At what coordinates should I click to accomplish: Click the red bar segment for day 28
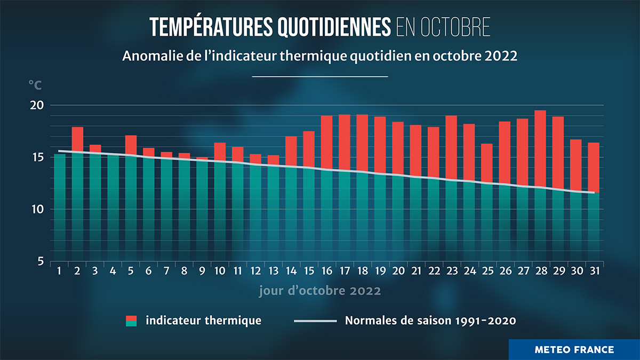point(540,149)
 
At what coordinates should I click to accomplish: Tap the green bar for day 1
point(60,208)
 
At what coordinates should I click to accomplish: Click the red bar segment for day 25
point(486,163)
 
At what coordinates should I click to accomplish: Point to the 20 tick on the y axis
point(37,105)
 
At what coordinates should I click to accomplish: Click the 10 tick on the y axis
point(37,209)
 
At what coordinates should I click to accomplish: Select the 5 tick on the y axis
point(40,261)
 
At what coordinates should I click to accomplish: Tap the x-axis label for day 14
point(291,271)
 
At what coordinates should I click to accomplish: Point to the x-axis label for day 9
point(202,271)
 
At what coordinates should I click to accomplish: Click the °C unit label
point(35,85)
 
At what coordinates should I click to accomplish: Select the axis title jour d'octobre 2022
point(320,291)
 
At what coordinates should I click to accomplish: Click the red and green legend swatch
point(131,321)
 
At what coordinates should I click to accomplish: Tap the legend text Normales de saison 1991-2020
point(431,321)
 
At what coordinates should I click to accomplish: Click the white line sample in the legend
point(316,321)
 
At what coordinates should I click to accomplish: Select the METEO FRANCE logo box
point(574,349)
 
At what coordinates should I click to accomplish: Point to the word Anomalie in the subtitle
point(146,56)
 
